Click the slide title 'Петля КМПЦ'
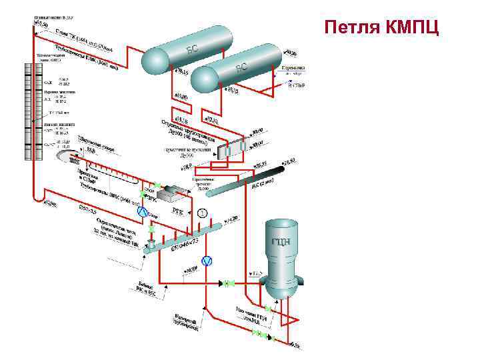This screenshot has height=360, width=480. tap(381, 28)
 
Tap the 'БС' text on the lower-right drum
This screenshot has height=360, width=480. tap(242, 68)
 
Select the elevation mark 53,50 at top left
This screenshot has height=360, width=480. tap(41, 23)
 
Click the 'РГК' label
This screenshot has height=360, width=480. tap(178, 210)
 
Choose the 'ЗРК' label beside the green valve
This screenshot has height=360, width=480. tap(151, 198)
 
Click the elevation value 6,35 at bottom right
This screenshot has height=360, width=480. tap(296, 345)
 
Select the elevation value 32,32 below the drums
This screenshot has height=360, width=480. tap(211, 120)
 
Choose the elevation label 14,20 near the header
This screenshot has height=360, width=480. tap(231, 219)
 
